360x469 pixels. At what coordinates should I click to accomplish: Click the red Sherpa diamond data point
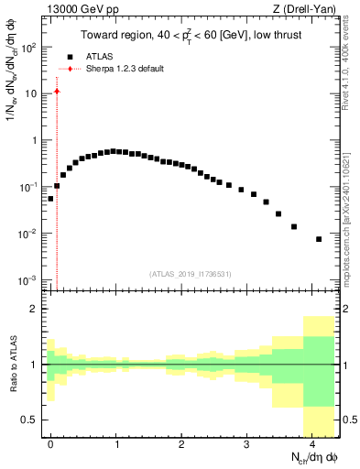coord(57,91)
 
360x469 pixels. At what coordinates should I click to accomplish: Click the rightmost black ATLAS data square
coord(319,239)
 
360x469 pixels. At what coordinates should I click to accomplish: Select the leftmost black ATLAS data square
coord(50,198)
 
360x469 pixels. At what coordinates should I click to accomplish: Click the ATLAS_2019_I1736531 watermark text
coord(191,274)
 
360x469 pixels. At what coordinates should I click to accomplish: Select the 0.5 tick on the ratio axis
coord(31,420)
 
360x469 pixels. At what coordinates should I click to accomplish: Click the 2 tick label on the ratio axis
coord(37,310)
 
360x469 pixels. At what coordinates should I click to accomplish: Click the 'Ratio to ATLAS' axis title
coord(12,364)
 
